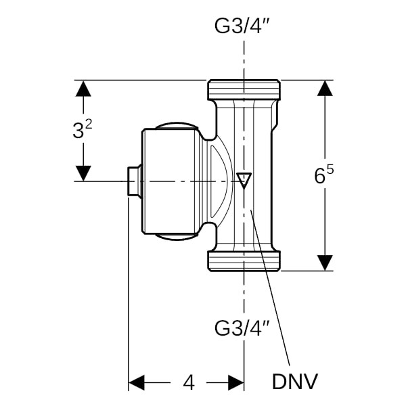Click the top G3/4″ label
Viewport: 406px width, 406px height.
tap(243, 27)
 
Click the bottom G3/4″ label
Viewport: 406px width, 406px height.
tap(243, 329)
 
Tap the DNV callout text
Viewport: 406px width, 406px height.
tap(295, 382)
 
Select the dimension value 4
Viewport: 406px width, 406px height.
tap(189, 383)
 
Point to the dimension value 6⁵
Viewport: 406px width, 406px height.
tap(325, 175)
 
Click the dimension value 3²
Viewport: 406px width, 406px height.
tap(82, 131)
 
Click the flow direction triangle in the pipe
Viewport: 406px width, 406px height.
tap(244, 180)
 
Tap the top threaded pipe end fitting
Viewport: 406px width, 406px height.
tap(244, 89)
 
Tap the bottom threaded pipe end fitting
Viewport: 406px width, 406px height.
tap(244, 261)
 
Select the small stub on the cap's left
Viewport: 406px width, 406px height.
tap(134, 181)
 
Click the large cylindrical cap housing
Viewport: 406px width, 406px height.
tap(169, 181)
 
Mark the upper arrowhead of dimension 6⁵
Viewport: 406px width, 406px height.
tap(325, 89)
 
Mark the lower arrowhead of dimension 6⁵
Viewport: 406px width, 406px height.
tap(325, 262)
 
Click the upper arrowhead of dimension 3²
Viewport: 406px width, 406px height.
tap(83, 89)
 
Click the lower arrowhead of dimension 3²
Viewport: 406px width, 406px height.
tap(83, 173)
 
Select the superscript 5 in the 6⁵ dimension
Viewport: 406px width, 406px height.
tap(330, 169)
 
